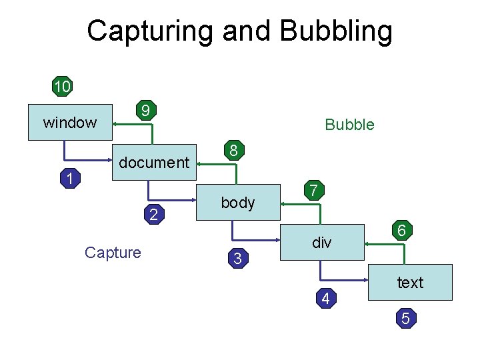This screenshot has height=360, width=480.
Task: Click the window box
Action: coord(70,122)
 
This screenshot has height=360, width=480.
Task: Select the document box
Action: coord(154,162)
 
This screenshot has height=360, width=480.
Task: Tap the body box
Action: coord(238,203)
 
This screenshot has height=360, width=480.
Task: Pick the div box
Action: coord(322,243)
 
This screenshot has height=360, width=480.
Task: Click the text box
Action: coord(410,283)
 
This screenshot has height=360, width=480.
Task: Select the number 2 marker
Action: coord(154,215)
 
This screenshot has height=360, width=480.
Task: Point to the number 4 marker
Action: coord(325,299)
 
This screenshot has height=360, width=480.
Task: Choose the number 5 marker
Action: coord(405,319)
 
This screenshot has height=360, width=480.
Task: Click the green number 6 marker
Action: coord(402,230)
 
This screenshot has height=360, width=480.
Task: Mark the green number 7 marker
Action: coord(315,191)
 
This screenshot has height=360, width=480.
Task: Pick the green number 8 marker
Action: coord(232,151)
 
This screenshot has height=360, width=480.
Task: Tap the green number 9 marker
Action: coord(145,109)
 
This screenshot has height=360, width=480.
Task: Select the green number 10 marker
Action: coord(63,86)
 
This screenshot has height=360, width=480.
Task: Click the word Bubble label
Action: coord(349,125)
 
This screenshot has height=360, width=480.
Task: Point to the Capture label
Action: coord(113,253)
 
